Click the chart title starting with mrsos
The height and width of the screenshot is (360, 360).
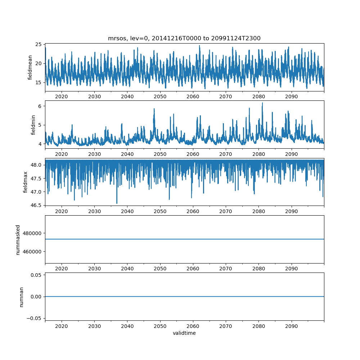184,38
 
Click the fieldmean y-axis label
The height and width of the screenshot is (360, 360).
30,67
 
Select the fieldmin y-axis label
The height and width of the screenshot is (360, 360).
33,125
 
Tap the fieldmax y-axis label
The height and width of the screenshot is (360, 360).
26,182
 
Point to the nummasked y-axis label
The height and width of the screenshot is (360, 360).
18,239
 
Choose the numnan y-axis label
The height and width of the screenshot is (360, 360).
21,297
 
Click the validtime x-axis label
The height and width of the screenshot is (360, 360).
184,333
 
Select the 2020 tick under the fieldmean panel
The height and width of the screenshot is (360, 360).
62,97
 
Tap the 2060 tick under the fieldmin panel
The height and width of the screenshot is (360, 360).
193,154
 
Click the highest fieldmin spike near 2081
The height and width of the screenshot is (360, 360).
262,103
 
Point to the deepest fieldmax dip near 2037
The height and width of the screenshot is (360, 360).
117,203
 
